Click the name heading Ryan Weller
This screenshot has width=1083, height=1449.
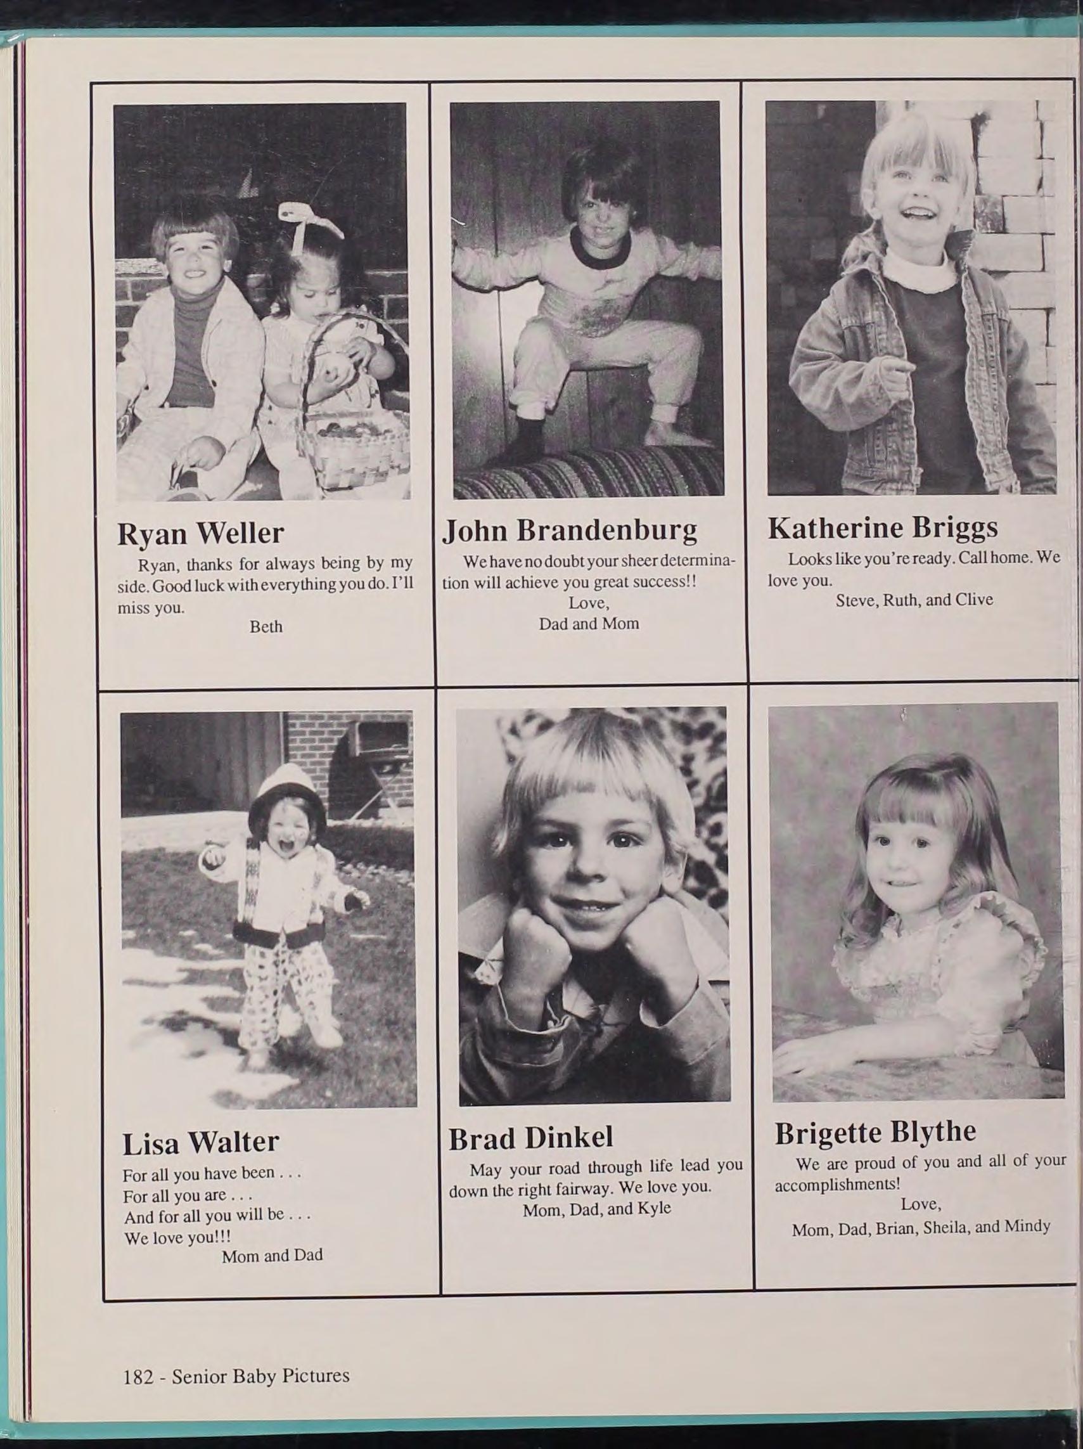(200, 533)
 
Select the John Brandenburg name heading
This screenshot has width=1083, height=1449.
(570, 530)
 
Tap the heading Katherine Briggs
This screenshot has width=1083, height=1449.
(883, 528)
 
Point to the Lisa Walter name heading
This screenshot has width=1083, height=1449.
(200, 1142)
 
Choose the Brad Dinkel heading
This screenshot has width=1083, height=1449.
(530, 1138)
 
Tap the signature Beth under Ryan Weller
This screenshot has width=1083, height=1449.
(266, 627)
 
